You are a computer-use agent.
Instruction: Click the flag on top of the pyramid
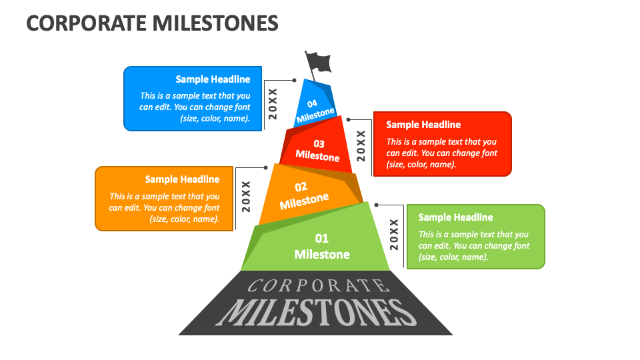(319, 62)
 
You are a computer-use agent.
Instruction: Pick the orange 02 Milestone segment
(303, 195)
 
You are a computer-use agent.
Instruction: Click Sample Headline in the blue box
(213, 79)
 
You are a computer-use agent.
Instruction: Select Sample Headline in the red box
(423, 125)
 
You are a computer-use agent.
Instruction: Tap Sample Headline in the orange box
(182, 179)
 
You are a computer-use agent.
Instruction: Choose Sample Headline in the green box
(455, 217)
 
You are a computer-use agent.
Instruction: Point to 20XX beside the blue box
(272, 103)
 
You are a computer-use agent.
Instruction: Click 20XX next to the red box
(361, 146)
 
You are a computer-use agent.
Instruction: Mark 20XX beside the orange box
(246, 196)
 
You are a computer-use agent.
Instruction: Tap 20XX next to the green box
(394, 234)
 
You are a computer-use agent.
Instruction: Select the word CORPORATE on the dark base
(318, 286)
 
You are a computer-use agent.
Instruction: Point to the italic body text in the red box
(441, 153)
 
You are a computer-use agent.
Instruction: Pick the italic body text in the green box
(473, 245)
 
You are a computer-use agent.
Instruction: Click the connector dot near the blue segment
(294, 80)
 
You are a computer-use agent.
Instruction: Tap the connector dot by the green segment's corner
(377, 205)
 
